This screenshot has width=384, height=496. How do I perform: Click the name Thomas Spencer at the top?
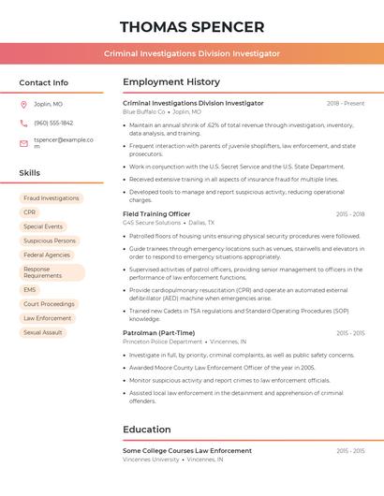192,26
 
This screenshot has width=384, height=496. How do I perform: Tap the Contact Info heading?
44,82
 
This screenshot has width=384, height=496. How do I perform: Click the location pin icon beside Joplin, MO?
23,104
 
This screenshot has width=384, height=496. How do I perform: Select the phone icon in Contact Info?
23,123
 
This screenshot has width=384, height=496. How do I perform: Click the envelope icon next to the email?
23,143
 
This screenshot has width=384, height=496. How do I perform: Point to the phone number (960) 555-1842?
53,123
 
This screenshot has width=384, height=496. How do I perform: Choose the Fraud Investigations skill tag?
52,198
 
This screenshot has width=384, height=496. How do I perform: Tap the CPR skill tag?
30,212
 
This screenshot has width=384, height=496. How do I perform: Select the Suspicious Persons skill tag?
50,241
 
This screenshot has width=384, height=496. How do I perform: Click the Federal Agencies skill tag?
47,255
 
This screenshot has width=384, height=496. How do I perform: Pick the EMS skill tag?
30,290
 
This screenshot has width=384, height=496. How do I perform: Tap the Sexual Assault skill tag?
43,332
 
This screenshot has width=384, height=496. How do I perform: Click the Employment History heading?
171,82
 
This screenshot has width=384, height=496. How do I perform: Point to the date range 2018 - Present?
346,103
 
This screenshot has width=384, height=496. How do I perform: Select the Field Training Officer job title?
156,214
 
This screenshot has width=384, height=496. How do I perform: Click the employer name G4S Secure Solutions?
152,224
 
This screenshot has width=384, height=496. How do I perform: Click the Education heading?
146,430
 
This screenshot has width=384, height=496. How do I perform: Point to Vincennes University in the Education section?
151,460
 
